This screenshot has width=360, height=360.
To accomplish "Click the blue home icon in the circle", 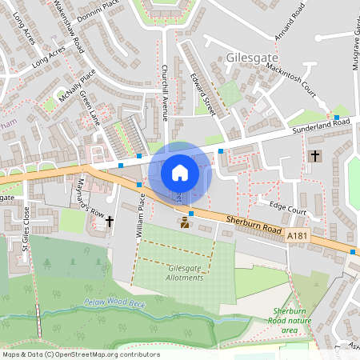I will point(180,172).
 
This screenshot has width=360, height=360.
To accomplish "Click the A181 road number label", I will point(296,234).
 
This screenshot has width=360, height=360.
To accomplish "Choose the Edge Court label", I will point(288,207).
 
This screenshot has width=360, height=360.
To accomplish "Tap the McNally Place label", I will point(77,82).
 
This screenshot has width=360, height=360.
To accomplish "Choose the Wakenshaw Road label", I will point(70,24).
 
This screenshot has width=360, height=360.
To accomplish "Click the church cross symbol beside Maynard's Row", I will point(110,220).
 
